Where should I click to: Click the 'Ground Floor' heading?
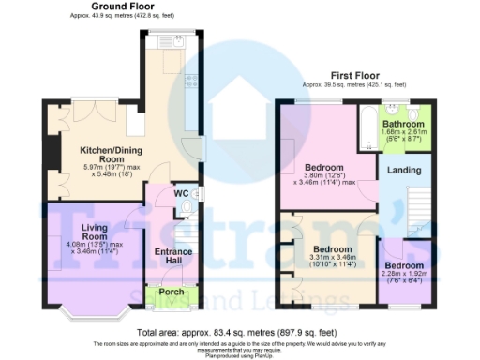[x=123, y=7]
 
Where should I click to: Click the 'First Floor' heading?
[x=359, y=74]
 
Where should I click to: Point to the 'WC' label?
[x=181, y=193]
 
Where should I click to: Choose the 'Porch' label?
[x=172, y=292]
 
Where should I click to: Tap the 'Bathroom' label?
[x=404, y=123]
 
